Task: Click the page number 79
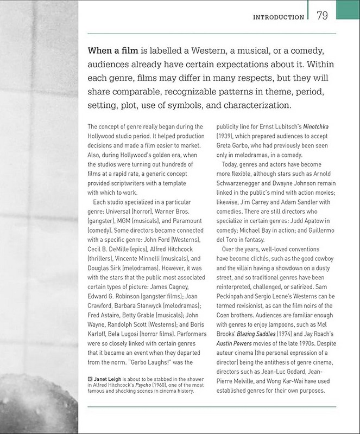click(x=322, y=16)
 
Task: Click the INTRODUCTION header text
click(x=279, y=17)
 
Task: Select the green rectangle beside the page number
click(x=348, y=8)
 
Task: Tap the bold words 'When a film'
click(x=115, y=52)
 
